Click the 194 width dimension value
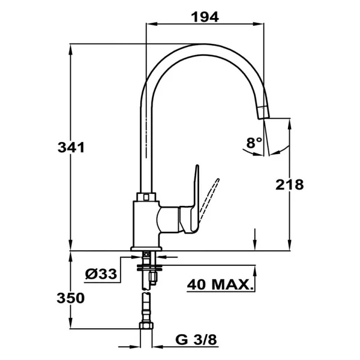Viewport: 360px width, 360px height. (x=205, y=17)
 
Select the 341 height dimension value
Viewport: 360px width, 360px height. (x=71, y=148)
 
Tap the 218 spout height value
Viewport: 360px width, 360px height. (x=290, y=185)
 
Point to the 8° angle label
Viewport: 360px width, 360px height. (x=254, y=142)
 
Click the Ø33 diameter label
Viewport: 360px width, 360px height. (x=101, y=274)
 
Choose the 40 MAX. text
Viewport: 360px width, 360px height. (x=220, y=284)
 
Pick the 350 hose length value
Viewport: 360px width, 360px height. (x=71, y=298)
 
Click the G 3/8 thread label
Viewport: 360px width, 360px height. (x=196, y=340)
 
